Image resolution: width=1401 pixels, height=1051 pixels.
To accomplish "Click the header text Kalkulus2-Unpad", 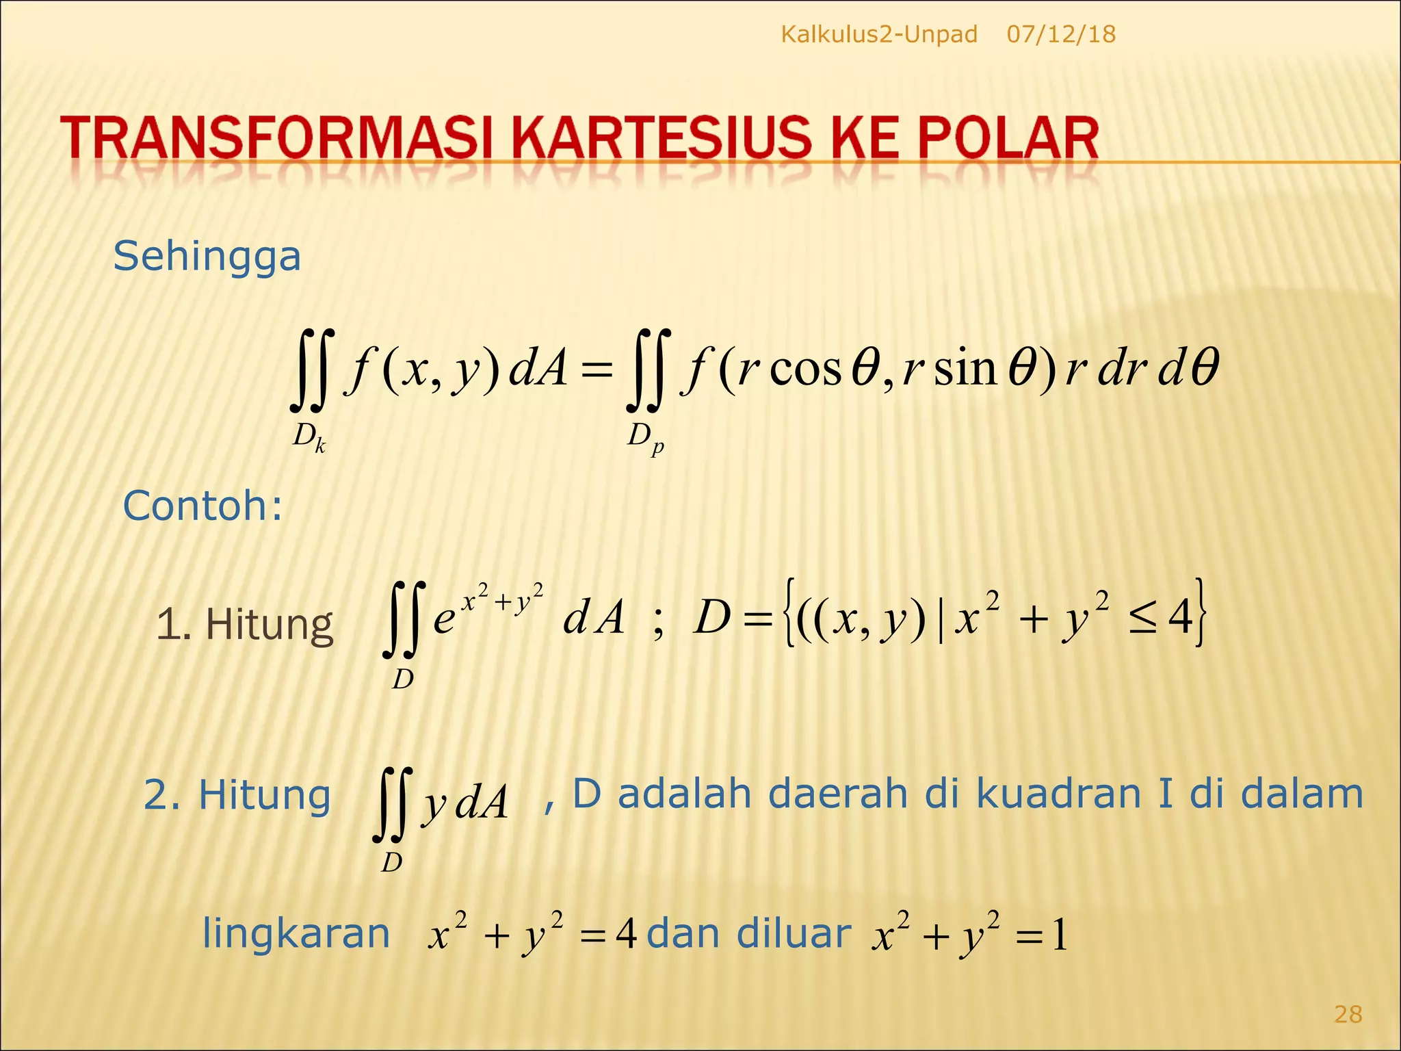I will point(878,34).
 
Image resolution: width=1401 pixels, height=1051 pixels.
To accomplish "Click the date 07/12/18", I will point(1061,34).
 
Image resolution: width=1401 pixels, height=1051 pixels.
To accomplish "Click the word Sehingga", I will point(207,257).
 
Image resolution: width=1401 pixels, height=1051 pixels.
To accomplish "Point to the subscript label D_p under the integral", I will point(645,437).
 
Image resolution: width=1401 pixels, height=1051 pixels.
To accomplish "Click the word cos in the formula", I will point(805,369).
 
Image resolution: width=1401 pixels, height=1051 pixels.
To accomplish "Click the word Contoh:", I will point(202,506).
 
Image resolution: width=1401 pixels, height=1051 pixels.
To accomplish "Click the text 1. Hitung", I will point(244,625).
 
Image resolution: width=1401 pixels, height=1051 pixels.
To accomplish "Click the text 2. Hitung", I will point(237,796).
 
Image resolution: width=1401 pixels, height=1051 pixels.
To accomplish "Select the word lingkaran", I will point(296,934).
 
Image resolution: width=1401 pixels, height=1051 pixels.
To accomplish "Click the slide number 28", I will point(1348,1014).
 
